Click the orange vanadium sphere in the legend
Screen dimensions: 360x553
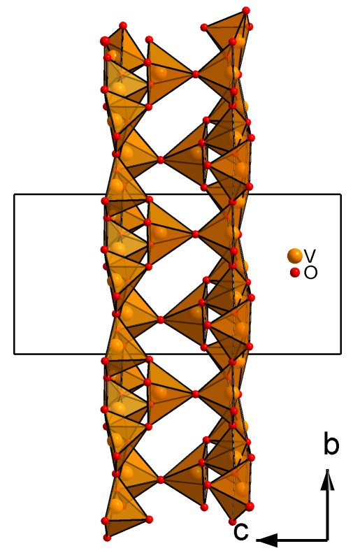[295, 256]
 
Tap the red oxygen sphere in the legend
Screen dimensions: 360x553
[295, 273]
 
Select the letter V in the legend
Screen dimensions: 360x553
[310, 255]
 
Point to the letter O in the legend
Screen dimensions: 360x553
[310, 273]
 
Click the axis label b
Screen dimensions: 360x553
[331, 445]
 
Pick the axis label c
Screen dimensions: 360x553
[241, 531]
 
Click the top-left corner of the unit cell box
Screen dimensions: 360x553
[14, 194]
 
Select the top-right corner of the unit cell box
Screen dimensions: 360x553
[341, 194]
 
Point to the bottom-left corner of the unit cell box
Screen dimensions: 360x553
[14, 353]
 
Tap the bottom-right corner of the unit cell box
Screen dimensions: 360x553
[341, 353]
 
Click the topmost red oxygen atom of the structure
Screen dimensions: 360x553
[246, 10]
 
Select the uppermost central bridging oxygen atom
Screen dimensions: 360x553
[196, 74]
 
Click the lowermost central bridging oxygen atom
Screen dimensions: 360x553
[161, 480]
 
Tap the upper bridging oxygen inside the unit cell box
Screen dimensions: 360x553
[196, 234]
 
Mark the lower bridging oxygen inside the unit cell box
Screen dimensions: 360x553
[161, 320]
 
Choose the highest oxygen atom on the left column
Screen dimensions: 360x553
[123, 25]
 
